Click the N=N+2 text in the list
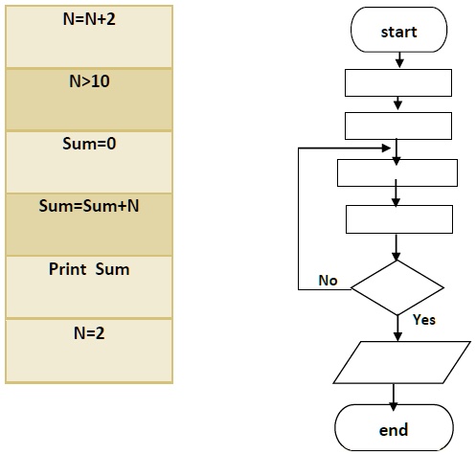click(90, 19)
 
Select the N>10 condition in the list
click(90, 81)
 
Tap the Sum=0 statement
click(90, 144)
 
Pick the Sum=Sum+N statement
click(90, 206)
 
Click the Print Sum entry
click(89, 269)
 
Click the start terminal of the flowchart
click(399, 33)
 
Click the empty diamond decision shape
click(397, 286)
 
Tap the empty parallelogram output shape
click(397, 362)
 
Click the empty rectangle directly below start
click(397, 82)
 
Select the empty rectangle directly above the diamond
click(397, 218)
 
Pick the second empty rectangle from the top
click(397, 125)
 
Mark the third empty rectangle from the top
click(397, 172)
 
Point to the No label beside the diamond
click(329, 281)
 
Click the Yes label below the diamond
click(423, 320)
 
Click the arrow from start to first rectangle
click(398, 60)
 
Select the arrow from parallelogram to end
click(395, 395)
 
